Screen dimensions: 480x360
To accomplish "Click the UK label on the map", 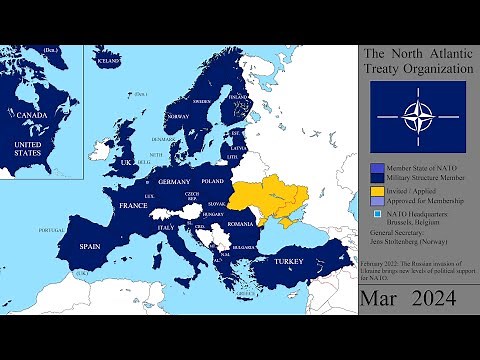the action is point(127,162).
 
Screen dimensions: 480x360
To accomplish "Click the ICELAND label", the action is point(108,61).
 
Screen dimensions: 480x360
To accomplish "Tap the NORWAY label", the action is point(178,116).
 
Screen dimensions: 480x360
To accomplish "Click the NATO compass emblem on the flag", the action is point(417,115).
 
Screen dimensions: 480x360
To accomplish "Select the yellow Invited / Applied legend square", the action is point(376,190).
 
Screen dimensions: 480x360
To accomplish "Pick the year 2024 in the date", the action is point(438,298).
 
